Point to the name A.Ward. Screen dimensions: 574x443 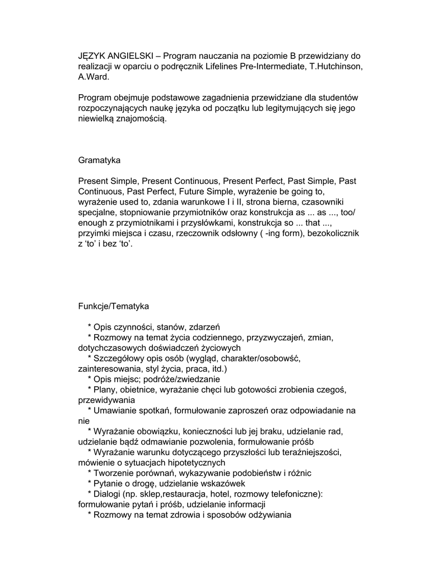pos(94,77)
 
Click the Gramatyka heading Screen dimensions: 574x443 pos(99,160)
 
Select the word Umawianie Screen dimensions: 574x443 pos(115,410)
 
